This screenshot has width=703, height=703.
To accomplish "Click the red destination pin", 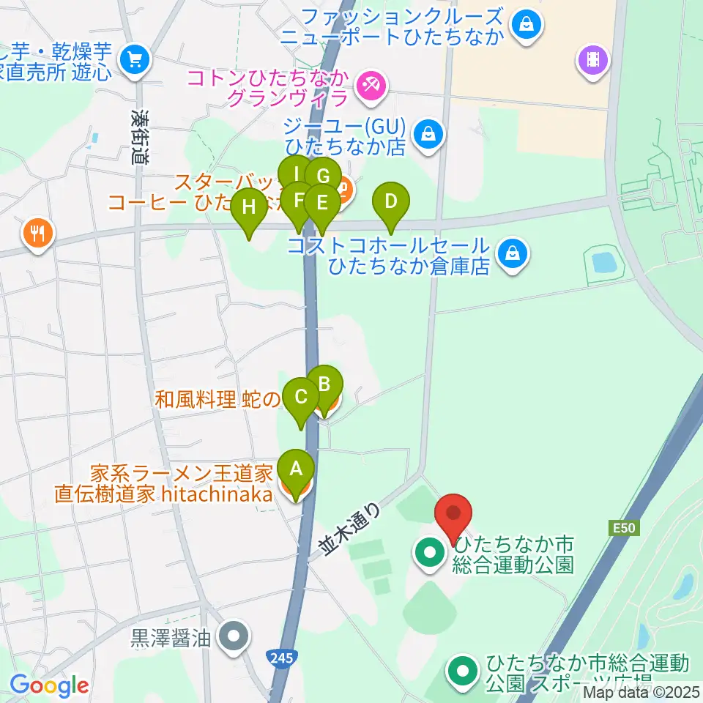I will (x=454, y=516).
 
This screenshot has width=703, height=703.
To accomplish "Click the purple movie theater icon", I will (x=593, y=59).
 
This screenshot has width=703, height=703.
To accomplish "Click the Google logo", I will (x=50, y=686).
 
